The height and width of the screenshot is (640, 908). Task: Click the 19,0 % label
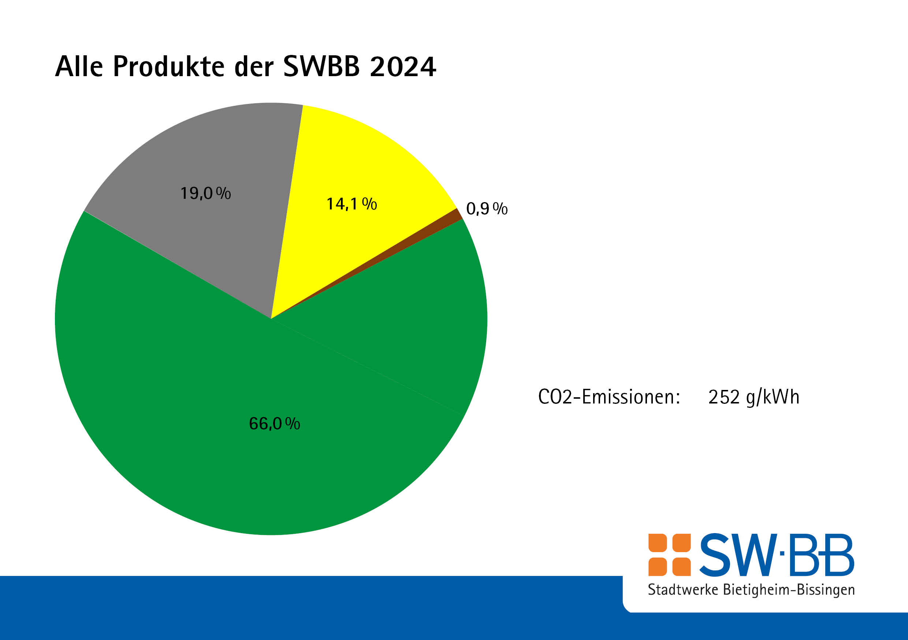pyautogui.click(x=205, y=193)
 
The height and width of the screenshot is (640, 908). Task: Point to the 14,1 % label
pyautogui.click(x=351, y=204)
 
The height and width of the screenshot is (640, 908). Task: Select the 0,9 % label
pyautogui.click(x=487, y=208)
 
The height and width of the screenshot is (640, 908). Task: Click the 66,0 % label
pyautogui.click(x=274, y=424)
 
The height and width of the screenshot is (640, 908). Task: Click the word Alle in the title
pyautogui.click(x=79, y=66)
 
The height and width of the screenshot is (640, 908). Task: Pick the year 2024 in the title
pyautogui.click(x=403, y=66)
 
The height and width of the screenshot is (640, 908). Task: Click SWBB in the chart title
pyautogui.click(x=321, y=66)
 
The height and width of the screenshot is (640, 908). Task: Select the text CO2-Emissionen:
pyautogui.click(x=609, y=397)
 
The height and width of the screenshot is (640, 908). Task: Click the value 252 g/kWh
pyautogui.click(x=753, y=397)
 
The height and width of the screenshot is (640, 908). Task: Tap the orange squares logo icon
pyautogui.click(x=669, y=555)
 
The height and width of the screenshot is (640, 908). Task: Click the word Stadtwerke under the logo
pyautogui.click(x=682, y=589)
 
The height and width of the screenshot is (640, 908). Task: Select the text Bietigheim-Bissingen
pyautogui.click(x=789, y=590)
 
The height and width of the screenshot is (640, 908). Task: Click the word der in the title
pyautogui.click(x=253, y=66)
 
